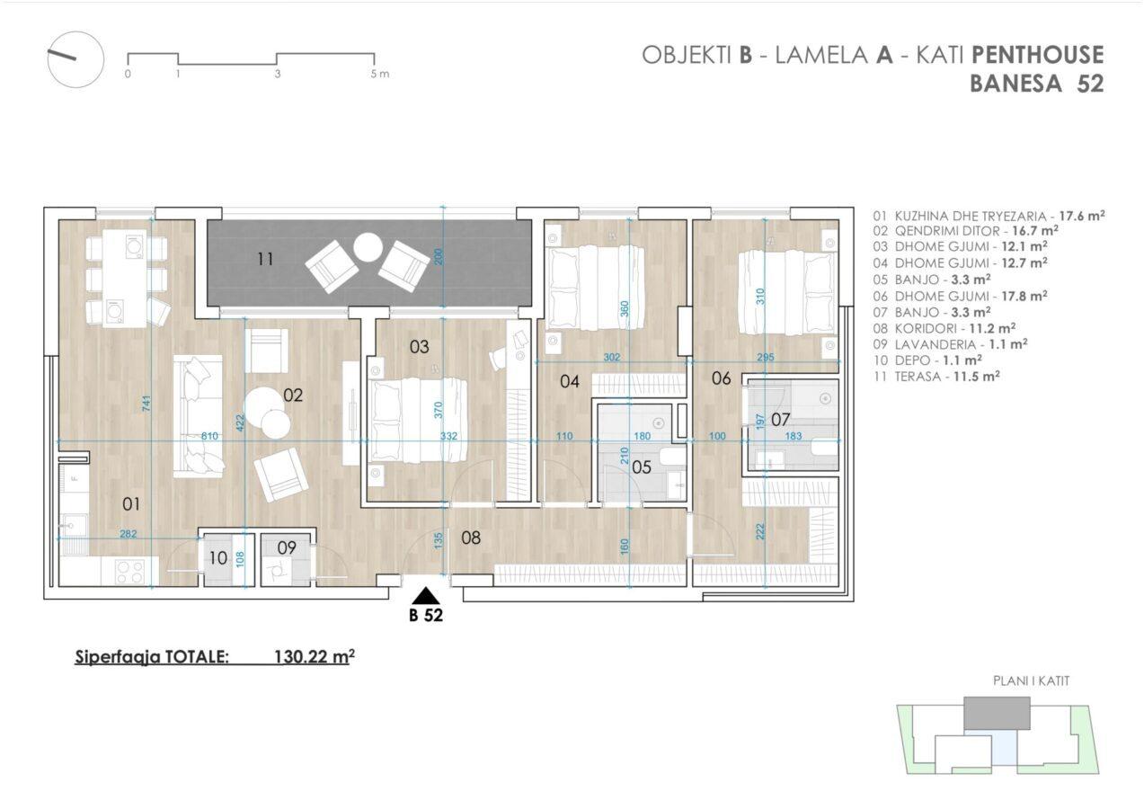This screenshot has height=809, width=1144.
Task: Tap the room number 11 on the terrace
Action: pos(265,260)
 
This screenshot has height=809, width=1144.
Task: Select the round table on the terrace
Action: pos(368,247)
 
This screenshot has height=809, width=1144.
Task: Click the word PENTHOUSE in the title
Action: pos(1037,55)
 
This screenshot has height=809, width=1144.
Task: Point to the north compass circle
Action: pos(75,59)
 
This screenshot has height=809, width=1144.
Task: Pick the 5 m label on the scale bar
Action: pos(379,74)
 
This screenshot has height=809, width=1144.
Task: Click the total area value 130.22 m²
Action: pos(315,656)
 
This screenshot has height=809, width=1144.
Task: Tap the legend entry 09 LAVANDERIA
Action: pos(950,344)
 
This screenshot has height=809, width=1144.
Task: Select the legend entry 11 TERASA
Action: pos(936,377)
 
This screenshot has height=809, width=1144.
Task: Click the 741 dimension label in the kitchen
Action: pos(147,404)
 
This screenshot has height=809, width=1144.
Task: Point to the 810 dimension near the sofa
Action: pos(209,436)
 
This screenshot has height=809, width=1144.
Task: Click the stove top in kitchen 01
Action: pos(129,572)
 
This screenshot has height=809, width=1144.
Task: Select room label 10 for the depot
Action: pos(218,558)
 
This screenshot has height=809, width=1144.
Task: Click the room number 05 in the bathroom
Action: pos(642,467)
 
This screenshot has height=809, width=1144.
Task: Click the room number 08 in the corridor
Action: pos(470,538)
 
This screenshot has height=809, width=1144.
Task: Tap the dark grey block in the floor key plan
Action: pos(997,714)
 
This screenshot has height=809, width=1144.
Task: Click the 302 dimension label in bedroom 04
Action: pos(611,358)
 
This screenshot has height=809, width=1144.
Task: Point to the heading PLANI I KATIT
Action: pos(1031,681)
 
